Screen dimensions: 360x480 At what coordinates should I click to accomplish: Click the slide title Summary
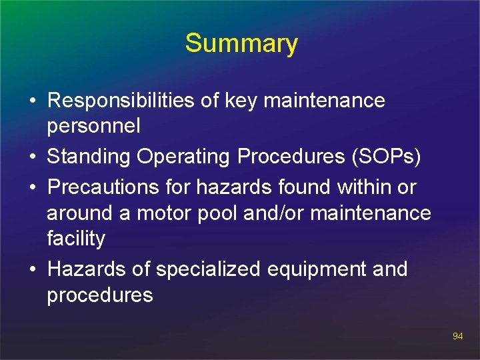241,43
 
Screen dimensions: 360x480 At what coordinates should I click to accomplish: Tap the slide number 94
457,336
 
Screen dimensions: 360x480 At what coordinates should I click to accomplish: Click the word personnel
93,126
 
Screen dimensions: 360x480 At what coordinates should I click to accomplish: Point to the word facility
76,239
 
